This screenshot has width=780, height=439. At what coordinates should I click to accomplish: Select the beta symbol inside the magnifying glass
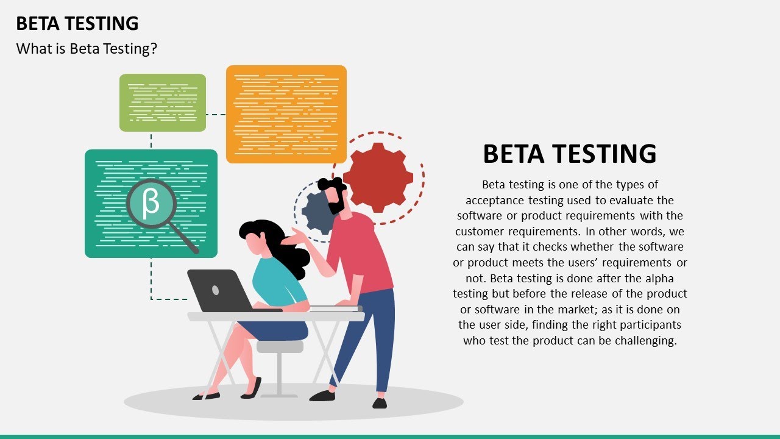(151, 204)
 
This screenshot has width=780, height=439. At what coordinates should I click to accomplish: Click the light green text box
(162, 102)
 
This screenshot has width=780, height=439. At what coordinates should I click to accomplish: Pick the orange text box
(286, 113)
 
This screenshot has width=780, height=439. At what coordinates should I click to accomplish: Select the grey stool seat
(280, 346)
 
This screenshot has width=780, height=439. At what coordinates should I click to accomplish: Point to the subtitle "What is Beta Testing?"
(87, 49)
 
